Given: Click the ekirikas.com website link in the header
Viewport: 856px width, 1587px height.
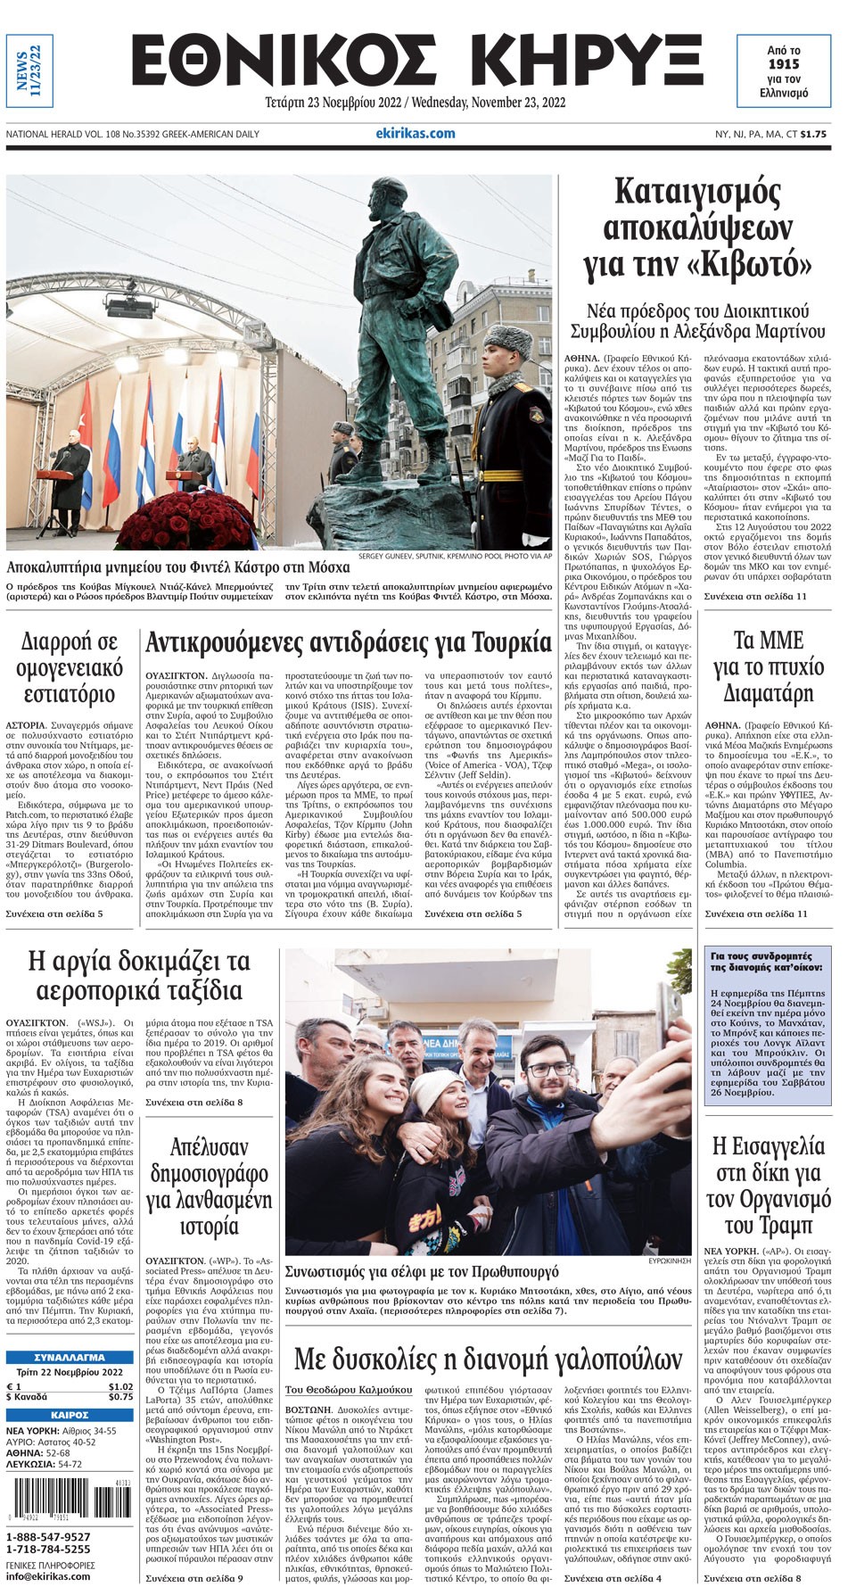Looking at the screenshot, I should [x=415, y=133].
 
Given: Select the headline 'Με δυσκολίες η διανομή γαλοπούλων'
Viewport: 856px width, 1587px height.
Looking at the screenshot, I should [x=488, y=1359].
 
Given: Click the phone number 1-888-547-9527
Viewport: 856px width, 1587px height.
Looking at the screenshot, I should [x=48, y=1536].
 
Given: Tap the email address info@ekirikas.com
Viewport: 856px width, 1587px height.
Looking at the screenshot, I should [x=48, y=1575].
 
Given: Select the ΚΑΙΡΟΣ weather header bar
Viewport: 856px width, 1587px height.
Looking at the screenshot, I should [x=70, y=1414].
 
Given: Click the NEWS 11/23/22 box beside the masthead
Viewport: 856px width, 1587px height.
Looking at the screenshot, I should [x=29, y=71].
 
